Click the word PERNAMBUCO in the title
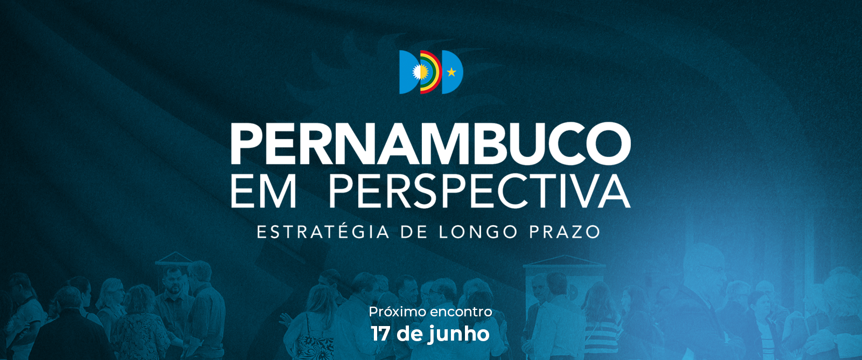click(x=430, y=143)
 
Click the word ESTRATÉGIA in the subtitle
click(x=323, y=232)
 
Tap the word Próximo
click(x=397, y=311)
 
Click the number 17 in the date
click(x=380, y=334)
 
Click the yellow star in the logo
click(x=451, y=72)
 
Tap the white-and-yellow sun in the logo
click(x=420, y=72)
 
